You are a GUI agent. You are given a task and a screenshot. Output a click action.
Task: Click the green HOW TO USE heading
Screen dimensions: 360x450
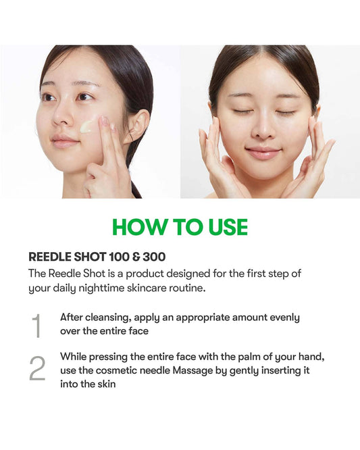pyautogui.click(x=180, y=227)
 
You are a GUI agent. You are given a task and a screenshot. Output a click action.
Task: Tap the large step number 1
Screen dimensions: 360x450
pyautogui.click(x=36, y=326)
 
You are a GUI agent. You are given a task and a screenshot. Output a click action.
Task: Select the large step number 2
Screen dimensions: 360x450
pyautogui.click(x=37, y=368)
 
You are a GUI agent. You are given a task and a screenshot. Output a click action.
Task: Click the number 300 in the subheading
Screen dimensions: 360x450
pyautogui.click(x=154, y=257)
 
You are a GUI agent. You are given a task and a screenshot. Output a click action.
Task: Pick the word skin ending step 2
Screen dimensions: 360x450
pyautogui.click(x=107, y=384)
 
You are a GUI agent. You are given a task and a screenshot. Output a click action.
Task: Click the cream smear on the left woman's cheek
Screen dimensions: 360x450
pyautogui.click(x=88, y=126)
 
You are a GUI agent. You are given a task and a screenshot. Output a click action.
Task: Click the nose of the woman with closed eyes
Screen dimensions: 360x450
pyautogui.click(x=263, y=128)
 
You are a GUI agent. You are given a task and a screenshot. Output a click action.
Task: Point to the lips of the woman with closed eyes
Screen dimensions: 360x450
pyautogui.click(x=263, y=153)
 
